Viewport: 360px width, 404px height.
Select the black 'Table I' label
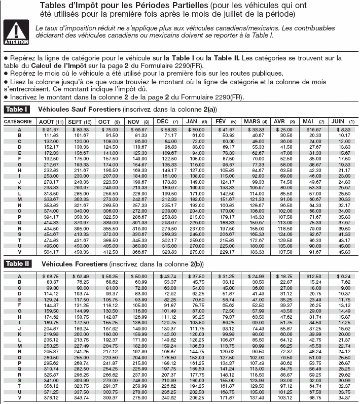(x=17, y=110)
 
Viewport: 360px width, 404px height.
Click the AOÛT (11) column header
(x=51, y=122)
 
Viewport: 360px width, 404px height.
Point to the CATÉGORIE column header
(x=19, y=122)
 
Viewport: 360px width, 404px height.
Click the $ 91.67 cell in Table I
(x=51, y=130)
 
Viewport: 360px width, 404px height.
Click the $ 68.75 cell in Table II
(x=51, y=276)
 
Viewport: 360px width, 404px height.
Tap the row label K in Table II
(x=19, y=334)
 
